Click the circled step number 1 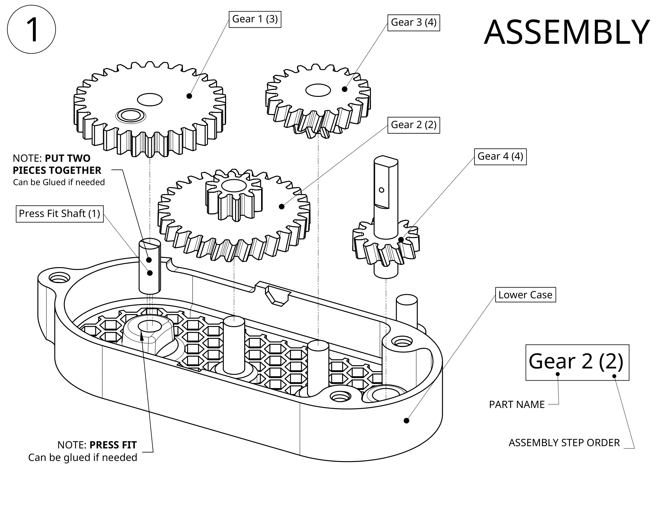(31, 30)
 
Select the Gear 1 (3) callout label (255, 19)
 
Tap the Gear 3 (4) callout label (413, 23)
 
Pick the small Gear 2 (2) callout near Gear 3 (413, 125)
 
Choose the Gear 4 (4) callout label (500, 157)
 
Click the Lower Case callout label (525, 295)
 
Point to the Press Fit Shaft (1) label (59, 214)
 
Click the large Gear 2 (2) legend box (577, 362)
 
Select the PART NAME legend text (516, 404)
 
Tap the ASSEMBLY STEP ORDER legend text (564, 443)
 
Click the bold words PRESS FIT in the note (113, 445)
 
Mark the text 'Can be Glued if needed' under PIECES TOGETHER (59, 182)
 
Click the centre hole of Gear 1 (150, 99)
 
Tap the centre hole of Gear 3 (318, 90)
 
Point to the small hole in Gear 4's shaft (381, 190)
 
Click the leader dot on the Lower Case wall (407, 421)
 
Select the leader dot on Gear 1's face (189, 96)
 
